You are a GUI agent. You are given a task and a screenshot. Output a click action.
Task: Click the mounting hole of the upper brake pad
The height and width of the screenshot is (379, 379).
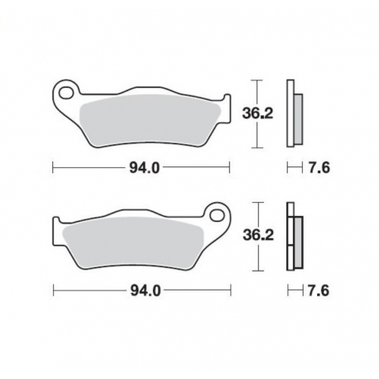(x=65, y=93)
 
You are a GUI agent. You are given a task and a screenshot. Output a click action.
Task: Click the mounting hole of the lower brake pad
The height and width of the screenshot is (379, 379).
(x=217, y=214)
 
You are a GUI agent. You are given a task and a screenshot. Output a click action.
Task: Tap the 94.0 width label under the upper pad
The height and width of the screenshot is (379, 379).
(x=145, y=168)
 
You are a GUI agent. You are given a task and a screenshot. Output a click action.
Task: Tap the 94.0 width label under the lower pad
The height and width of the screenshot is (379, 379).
(x=146, y=290)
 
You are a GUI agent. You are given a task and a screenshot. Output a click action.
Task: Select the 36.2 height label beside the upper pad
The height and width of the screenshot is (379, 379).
(x=257, y=113)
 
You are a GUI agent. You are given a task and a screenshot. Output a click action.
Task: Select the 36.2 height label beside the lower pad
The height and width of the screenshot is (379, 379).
(x=258, y=235)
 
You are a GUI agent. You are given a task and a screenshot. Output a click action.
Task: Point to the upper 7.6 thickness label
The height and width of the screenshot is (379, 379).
(x=319, y=168)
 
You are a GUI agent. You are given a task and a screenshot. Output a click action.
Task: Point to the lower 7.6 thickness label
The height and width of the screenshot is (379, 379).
(x=319, y=290)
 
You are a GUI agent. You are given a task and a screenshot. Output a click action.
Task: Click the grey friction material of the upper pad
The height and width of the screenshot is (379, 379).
(x=150, y=120)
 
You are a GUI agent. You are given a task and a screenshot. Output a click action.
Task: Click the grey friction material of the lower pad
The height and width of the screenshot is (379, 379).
(x=133, y=242)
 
